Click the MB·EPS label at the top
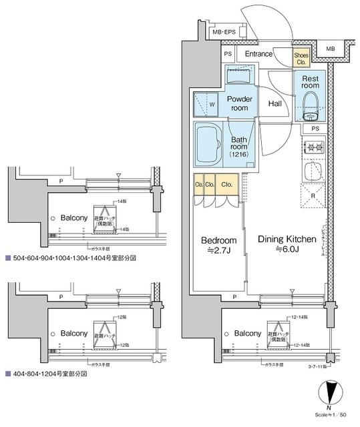(224, 31)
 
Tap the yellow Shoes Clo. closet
(302, 57)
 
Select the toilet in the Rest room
(310, 105)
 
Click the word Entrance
(258, 54)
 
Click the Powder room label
(239, 103)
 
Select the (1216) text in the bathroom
(238, 154)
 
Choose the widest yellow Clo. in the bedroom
(227, 184)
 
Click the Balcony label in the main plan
(247, 332)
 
